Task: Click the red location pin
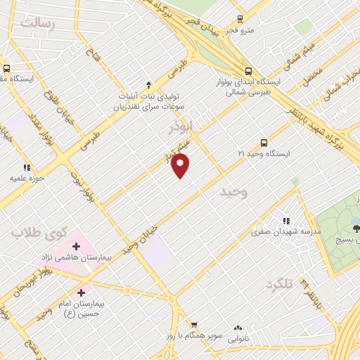click(181, 166)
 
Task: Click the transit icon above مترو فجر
click(240, 19)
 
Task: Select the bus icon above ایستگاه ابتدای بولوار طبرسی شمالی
click(248, 70)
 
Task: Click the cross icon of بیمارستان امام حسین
click(82, 292)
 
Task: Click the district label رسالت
click(37, 22)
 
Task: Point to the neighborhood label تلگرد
click(278, 284)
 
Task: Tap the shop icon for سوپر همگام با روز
click(193, 326)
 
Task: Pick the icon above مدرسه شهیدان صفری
click(285, 218)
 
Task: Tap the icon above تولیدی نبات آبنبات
click(148, 83)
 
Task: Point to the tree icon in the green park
click(356, 227)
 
